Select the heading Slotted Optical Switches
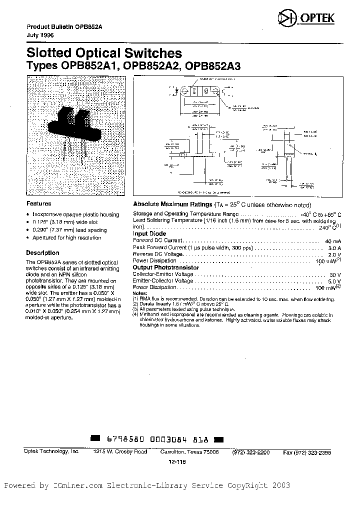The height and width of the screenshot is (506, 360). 104,53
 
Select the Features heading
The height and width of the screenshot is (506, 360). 38,204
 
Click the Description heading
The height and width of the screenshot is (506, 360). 42,252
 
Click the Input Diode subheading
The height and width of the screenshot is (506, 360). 149,233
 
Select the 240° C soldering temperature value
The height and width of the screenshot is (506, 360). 328,227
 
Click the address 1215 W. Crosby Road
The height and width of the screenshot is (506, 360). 120,451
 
